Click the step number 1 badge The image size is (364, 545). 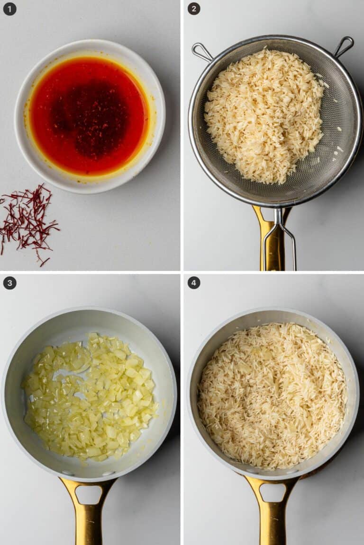(9, 9)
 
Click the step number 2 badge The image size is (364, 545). (194, 9)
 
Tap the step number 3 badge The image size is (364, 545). (9, 283)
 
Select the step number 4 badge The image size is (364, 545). (194, 283)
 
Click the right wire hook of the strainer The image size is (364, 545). (344, 46)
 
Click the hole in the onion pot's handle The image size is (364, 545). (89, 494)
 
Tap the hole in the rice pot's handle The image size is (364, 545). (272, 492)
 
